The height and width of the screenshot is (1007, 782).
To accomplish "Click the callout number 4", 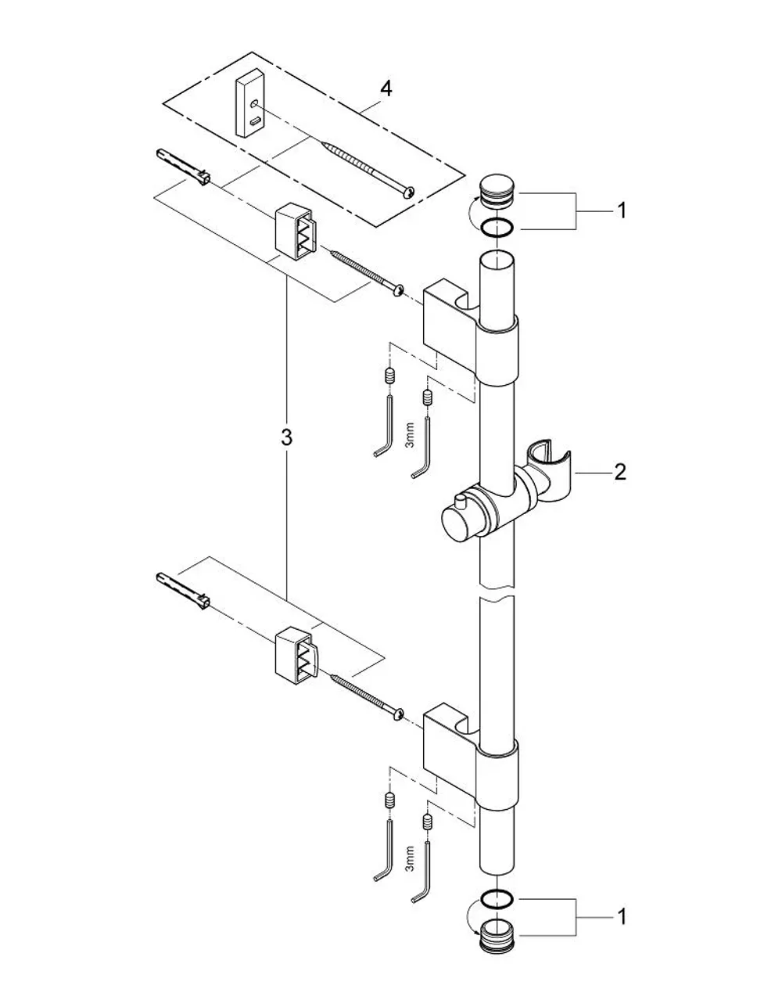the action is (386, 88).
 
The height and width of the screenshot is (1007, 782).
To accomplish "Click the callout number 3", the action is (286, 437).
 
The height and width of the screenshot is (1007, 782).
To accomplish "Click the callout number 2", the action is (619, 473).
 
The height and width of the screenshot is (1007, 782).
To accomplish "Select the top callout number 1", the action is (622, 210).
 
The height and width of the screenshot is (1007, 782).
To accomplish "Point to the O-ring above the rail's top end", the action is (497, 228).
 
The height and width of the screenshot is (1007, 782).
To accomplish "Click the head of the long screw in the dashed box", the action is (409, 190).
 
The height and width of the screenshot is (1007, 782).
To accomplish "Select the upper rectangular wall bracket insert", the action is (296, 230).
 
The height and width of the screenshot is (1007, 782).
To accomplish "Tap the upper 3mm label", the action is (410, 437).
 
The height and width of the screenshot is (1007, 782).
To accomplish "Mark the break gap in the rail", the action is (497, 592).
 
